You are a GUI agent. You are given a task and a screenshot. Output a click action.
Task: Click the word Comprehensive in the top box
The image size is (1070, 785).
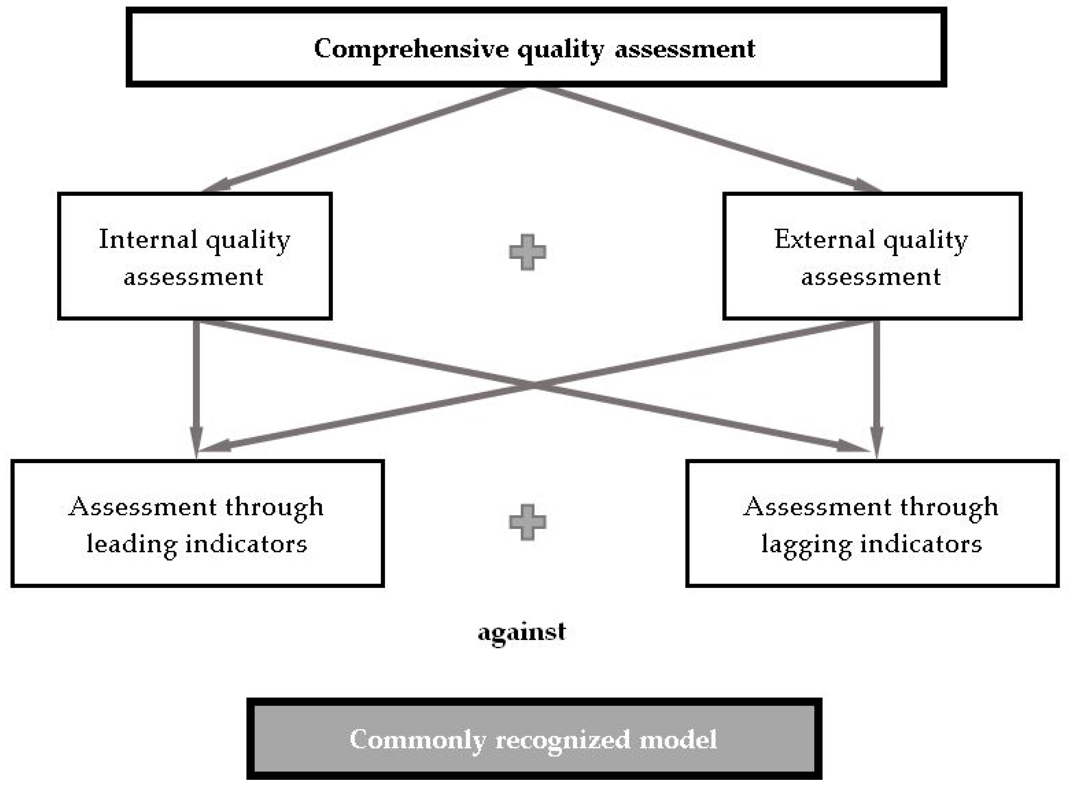(x=411, y=48)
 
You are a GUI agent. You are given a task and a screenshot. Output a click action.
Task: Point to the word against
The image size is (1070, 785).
(x=522, y=632)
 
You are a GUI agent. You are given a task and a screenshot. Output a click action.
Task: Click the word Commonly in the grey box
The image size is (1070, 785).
(x=417, y=740)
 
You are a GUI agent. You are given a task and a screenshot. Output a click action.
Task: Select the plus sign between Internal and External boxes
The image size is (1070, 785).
(x=527, y=252)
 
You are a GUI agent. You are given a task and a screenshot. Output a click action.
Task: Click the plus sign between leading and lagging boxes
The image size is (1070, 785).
(x=527, y=522)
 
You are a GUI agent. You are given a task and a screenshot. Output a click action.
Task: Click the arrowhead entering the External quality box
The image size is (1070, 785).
(x=866, y=185)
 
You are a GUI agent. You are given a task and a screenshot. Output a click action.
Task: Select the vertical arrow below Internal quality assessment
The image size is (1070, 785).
(x=196, y=380)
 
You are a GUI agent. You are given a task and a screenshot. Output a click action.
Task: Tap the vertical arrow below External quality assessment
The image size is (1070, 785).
(x=876, y=380)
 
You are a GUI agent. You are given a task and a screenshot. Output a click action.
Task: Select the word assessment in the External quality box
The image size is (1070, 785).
(x=871, y=277)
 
